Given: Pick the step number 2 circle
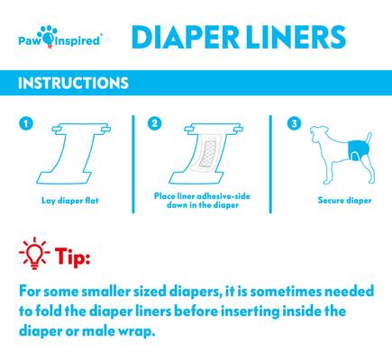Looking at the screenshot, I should coord(155,122).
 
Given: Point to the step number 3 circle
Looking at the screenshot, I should coord(292,122).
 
